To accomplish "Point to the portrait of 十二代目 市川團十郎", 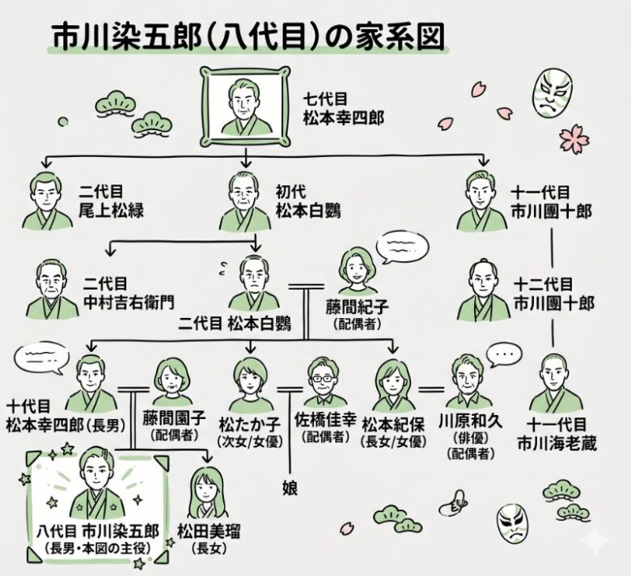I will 482,292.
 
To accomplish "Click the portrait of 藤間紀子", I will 358,273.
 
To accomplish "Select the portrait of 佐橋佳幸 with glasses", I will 323,385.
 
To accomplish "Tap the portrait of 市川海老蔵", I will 556,384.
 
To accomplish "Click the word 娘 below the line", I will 290,487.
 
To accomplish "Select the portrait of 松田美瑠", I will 205,493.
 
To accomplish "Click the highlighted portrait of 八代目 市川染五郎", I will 98,485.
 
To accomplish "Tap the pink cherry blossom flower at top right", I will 574,138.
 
